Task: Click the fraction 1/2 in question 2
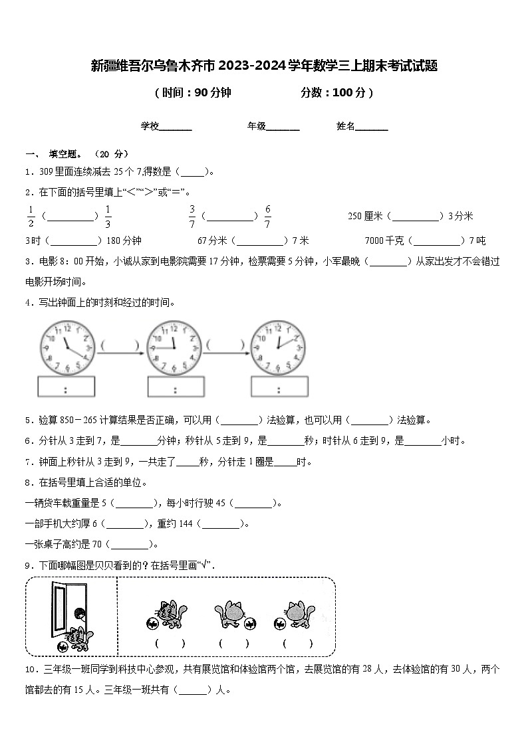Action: (x=31, y=217)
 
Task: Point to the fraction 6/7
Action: (x=267, y=217)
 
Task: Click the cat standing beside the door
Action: (x=77, y=638)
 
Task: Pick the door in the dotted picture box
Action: (x=61, y=608)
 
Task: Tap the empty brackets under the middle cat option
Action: (x=234, y=643)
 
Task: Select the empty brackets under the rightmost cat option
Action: (x=298, y=643)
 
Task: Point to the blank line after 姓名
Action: (x=372, y=126)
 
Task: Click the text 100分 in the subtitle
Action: (x=348, y=93)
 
